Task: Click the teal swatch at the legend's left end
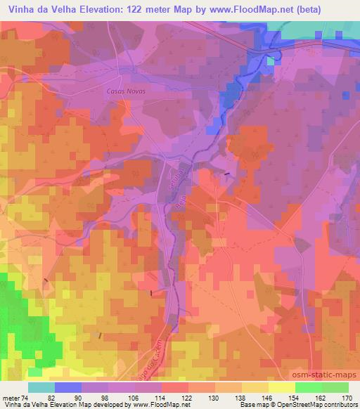(41, 387)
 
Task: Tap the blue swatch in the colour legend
(68, 387)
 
